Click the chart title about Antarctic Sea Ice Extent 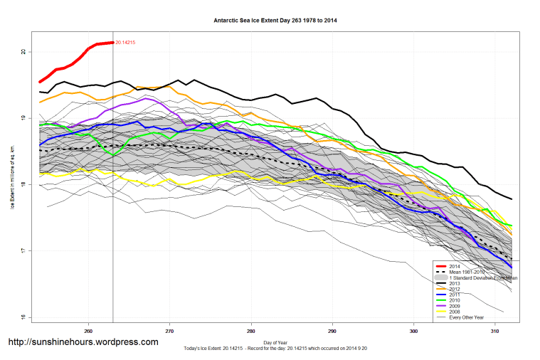[x=275, y=21]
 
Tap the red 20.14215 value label [x=125, y=43]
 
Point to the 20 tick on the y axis [x=23, y=52]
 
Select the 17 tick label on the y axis [x=23, y=250]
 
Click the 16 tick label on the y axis [x=23, y=317]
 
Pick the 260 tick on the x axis [x=88, y=331]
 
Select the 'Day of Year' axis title [x=275, y=343]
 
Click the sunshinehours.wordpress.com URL [x=83, y=342]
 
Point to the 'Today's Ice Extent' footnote [x=275, y=349]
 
